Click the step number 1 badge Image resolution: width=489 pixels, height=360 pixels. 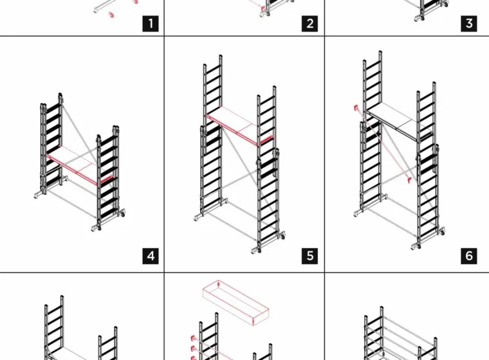tap(151, 24)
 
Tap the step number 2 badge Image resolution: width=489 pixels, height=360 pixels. tap(309, 24)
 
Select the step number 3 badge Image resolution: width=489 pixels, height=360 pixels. tap(469, 24)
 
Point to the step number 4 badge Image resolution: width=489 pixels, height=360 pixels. tap(151, 256)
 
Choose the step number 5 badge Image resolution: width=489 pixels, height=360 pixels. tap(309, 256)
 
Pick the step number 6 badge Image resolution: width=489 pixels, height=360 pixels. tap(469, 256)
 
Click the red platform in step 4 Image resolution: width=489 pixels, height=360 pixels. tap(79, 165)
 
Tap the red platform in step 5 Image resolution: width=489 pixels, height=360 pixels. tap(241, 125)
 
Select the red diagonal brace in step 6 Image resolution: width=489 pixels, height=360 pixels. tap(383, 144)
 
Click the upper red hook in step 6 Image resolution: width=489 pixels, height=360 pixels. tap(356, 108)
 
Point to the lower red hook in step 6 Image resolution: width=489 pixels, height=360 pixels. tap(409, 180)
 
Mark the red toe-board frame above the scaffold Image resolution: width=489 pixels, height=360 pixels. tap(235, 301)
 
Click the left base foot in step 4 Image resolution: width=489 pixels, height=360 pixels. tap(38, 195)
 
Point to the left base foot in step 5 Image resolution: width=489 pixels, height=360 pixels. tap(198, 217)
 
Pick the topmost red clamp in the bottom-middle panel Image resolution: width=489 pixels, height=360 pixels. tap(192, 338)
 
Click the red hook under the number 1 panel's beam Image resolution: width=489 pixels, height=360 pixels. tap(111, 14)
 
